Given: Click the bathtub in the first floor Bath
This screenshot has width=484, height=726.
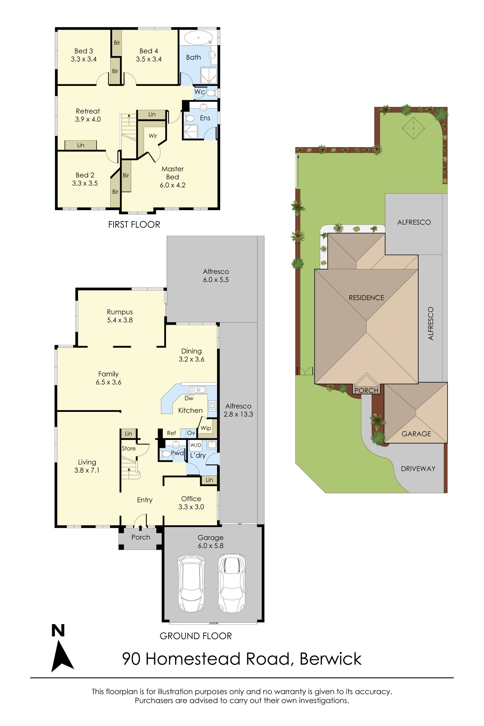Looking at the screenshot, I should pos(198,38).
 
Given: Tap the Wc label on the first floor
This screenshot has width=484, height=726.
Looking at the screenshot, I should pos(199,92).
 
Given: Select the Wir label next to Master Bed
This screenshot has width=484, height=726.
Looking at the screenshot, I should pos(153,136).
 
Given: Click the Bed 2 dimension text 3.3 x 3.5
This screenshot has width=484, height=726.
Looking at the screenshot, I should pos(85,183).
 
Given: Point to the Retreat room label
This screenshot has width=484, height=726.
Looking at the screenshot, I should pos(88,111).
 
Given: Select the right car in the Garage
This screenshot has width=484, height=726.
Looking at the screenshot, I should pos(232,584).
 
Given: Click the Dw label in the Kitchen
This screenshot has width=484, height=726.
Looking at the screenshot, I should pos(189,399).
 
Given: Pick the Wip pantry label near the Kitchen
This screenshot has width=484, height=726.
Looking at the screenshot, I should pos(206,428).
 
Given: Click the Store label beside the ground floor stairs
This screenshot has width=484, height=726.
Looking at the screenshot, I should pos(129,448).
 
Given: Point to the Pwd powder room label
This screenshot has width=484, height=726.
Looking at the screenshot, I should pos(177,453).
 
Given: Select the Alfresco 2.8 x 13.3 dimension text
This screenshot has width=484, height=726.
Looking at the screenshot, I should pos(238,414).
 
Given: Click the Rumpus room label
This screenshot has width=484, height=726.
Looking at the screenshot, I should pos(120,312).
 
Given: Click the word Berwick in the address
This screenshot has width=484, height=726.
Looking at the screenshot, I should pos(331,659).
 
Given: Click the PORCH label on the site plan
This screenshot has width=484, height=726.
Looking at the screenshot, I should pos(366,391).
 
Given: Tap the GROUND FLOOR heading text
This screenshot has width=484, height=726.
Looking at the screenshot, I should pos(196,636).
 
